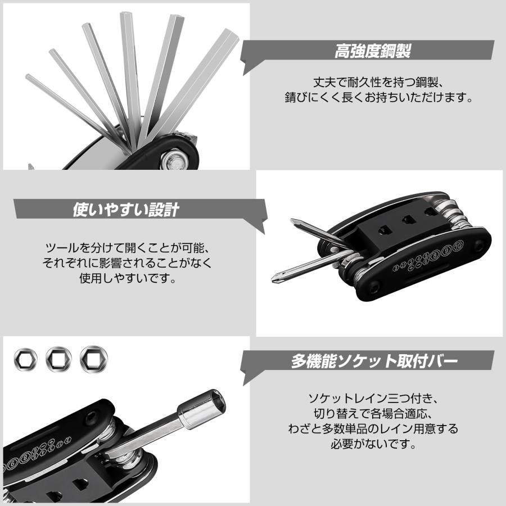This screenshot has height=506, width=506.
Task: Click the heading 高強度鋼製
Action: [x=372, y=52]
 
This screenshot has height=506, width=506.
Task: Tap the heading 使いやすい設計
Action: [x=126, y=210]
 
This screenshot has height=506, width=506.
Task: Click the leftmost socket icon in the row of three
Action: [x=26, y=358]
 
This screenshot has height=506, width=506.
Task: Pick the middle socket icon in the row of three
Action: [x=58, y=358]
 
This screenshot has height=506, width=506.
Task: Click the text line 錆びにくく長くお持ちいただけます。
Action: [x=376, y=97]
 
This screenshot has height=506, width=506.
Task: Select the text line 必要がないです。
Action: [x=374, y=445]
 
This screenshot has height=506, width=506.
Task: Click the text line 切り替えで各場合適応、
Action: [x=374, y=413]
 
